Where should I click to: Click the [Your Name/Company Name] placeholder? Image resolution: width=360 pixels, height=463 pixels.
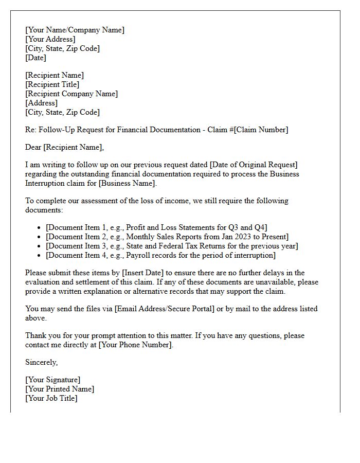(75, 30)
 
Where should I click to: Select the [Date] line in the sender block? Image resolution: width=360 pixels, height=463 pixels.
(36, 58)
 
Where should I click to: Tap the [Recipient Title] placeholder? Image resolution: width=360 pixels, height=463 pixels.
(52, 84)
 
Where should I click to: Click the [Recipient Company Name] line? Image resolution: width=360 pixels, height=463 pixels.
(71, 94)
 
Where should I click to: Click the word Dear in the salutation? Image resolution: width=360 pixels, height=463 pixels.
(33, 147)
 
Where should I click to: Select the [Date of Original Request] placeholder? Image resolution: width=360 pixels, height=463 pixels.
(254, 165)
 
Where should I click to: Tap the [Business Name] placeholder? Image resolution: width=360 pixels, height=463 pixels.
(127, 183)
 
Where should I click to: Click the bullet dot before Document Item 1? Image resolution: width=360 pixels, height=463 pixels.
(40, 228)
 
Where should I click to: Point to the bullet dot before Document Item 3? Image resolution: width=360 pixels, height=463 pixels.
(40, 246)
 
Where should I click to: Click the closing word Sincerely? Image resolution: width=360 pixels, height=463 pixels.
(41, 362)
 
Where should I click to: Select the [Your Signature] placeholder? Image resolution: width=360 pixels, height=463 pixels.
(53, 380)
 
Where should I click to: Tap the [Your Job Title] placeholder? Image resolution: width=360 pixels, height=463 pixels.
(51, 398)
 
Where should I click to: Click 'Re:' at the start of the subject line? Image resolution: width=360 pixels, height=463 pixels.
(30, 130)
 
